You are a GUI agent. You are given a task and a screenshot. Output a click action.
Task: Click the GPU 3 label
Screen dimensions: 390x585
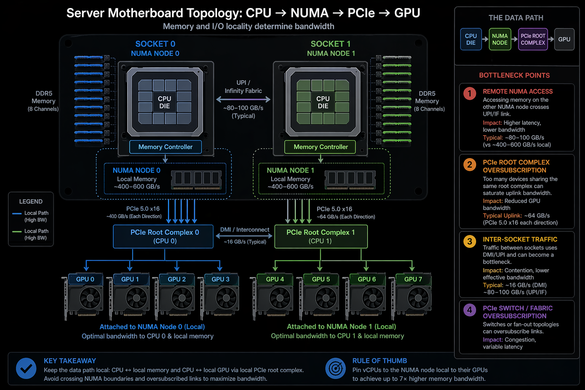(x=220, y=279)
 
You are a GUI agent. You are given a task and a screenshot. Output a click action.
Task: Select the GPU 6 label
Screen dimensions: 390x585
(x=366, y=279)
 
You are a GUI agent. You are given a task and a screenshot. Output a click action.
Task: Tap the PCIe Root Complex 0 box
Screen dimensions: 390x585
(x=163, y=237)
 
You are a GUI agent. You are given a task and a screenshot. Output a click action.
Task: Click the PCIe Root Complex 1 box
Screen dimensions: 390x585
(x=321, y=237)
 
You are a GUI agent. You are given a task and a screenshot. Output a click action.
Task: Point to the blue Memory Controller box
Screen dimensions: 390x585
(x=165, y=147)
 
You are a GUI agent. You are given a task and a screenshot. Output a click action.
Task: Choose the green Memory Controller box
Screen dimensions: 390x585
(x=320, y=147)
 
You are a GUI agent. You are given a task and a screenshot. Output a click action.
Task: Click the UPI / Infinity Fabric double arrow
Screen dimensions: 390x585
(x=243, y=100)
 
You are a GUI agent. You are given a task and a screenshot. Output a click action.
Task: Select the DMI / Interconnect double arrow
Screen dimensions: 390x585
(x=244, y=236)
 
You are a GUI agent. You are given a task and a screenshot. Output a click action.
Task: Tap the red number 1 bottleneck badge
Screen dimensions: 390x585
(x=470, y=93)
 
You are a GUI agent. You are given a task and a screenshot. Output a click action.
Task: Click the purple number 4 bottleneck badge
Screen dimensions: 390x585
(x=470, y=310)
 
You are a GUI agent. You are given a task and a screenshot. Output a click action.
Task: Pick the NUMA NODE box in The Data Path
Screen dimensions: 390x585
(x=500, y=39)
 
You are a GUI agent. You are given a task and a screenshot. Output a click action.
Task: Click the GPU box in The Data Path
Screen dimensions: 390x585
(x=564, y=39)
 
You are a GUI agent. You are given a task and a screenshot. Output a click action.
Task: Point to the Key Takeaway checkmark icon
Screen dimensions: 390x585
(x=26, y=368)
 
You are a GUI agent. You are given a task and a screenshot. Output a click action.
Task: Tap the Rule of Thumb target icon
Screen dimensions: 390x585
(x=336, y=368)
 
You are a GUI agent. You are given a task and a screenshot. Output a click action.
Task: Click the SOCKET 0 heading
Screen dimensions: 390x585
(x=155, y=44)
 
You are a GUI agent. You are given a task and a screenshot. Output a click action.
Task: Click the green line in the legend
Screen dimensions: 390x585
(x=17, y=231)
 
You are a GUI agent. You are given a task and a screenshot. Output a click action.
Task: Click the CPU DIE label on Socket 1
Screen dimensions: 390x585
(x=323, y=102)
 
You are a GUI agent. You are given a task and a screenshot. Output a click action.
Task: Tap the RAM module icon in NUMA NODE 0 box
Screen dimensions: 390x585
(x=196, y=179)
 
